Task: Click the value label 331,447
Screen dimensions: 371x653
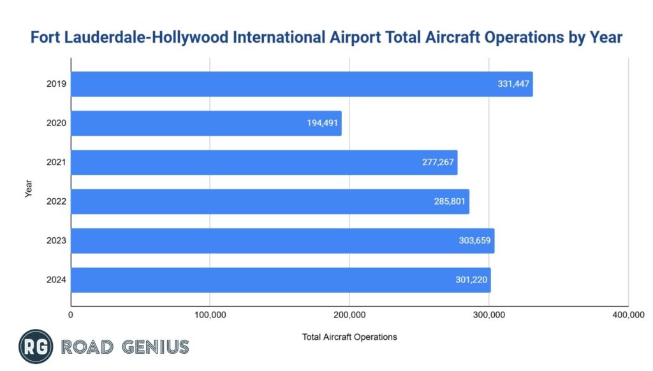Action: (x=513, y=84)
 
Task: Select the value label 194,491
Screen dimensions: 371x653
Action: (x=323, y=124)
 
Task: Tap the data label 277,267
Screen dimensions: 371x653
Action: (x=438, y=163)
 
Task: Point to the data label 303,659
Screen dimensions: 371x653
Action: (x=475, y=241)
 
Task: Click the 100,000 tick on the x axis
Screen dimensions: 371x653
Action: (x=210, y=314)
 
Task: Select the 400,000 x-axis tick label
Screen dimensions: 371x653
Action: (x=627, y=314)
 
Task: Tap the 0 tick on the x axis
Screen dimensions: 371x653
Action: (x=71, y=314)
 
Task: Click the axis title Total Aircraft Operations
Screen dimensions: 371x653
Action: (x=349, y=337)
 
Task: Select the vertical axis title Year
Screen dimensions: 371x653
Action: (x=29, y=188)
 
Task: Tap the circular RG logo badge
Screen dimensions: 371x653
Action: (x=36, y=347)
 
